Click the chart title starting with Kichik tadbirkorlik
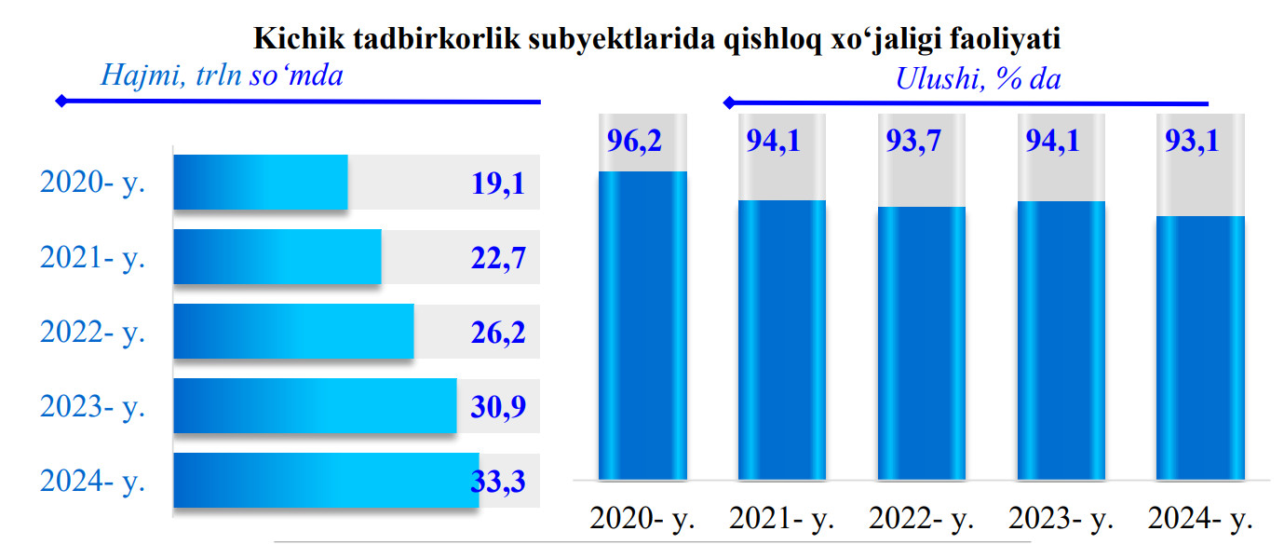(x=657, y=38)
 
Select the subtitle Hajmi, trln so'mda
(x=222, y=75)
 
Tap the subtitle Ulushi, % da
(x=978, y=79)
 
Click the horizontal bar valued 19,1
(x=261, y=183)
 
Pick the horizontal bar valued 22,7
(x=277, y=257)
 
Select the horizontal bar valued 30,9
(x=315, y=406)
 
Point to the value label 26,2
(x=498, y=333)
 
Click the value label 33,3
(x=498, y=482)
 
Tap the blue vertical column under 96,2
(x=642, y=326)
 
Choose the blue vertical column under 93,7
(x=921, y=343)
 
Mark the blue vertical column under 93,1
(x=1200, y=347)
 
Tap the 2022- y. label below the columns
(x=921, y=519)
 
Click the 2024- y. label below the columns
(x=1200, y=519)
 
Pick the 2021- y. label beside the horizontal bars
(x=93, y=258)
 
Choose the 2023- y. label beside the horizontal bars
(x=93, y=407)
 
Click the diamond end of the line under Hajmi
(x=61, y=101)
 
